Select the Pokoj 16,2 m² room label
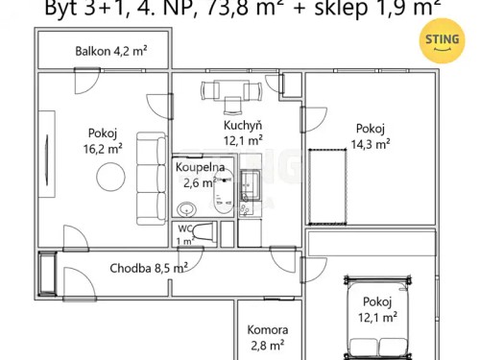point(104,142)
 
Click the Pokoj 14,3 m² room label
point(371,136)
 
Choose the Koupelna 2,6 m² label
point(199,175)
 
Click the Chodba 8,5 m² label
point(148,269)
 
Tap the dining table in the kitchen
point(230,92)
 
